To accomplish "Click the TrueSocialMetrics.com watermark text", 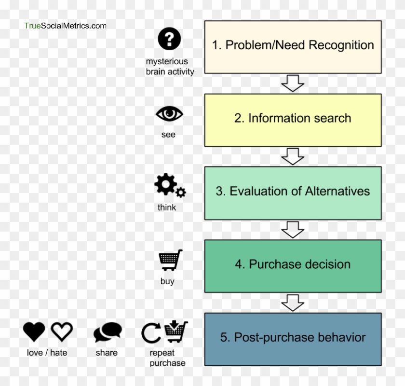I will pos(66,26).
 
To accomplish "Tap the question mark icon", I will pos(169,39).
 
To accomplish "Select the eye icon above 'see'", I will pos(169,114).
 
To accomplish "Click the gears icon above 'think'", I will pos(169,186).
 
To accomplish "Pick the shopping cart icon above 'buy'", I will pos(170,261).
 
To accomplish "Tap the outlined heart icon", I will pos(62,332).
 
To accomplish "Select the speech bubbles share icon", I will pos(108,332).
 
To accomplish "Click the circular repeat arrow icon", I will pos(151,333).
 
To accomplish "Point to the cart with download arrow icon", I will pos(176,332).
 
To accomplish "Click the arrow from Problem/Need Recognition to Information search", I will pos(293,83).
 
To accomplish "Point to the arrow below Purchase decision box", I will pos(293,303).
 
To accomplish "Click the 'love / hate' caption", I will pos(47,353).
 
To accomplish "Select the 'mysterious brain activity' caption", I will pos(170,67).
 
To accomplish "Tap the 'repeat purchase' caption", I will pos(167,358).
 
